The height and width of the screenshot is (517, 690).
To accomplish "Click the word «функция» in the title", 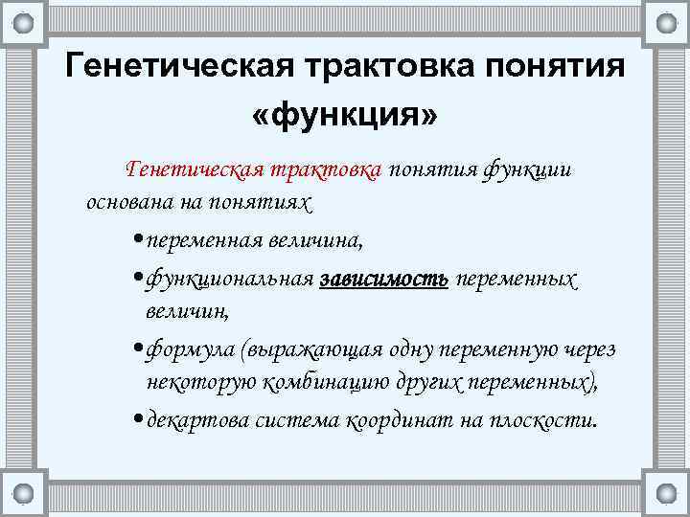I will [344, 118].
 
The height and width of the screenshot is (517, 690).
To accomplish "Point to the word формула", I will [192, 349].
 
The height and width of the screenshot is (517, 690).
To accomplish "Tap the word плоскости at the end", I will [542, 420].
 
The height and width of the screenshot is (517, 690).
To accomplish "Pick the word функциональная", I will [230, 279].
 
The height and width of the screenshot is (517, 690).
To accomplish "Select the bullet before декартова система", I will [140, 421].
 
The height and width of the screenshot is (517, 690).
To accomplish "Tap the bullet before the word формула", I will [140, 350].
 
